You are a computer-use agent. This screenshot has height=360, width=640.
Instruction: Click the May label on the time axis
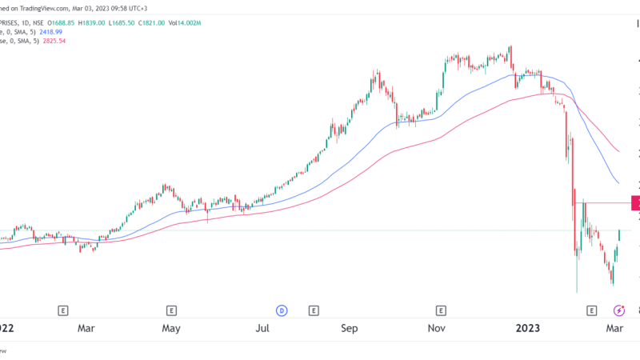[x=170, y=328]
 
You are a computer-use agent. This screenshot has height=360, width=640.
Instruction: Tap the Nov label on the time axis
[x=436, y=328]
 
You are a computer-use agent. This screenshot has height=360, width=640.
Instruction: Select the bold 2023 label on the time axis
[x=528, y=328]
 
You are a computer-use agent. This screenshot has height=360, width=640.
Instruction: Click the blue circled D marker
[x=282, y=310]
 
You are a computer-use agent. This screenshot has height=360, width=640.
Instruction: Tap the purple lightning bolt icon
[x=618, y=310]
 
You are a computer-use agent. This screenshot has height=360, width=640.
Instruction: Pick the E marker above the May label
[x=171, y=310]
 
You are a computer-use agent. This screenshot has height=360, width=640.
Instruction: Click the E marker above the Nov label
[x=440, y=310]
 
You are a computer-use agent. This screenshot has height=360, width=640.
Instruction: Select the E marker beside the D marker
[x=314, y=310]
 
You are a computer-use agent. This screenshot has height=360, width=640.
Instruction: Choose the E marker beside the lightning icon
[x=592, y=310]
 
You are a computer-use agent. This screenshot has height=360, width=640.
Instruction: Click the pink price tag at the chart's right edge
[x=635, y=203]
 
